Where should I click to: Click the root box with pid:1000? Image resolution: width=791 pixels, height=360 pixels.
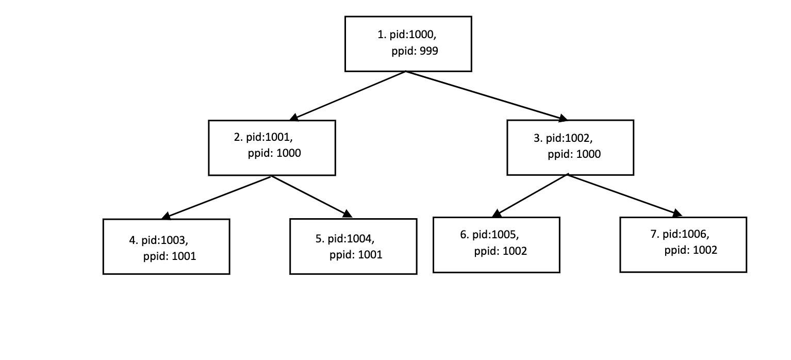408,43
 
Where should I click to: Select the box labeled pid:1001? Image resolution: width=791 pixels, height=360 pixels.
272,148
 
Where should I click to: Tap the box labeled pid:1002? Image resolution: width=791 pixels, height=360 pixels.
570,148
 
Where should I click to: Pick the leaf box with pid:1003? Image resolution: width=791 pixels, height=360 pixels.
166,247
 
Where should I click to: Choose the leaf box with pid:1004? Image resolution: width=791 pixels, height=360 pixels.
353,247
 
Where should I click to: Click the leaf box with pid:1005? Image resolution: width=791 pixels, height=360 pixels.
496,244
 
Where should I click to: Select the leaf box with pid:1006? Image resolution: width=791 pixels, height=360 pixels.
683,244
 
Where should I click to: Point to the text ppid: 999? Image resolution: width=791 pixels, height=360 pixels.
415,52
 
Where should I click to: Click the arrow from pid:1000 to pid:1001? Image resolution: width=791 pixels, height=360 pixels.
348,95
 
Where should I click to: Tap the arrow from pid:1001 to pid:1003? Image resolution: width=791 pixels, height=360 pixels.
217,197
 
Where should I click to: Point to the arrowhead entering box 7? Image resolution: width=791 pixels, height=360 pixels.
677,213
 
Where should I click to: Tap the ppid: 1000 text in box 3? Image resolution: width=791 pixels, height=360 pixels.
574,154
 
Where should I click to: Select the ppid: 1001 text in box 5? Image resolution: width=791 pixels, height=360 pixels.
356,255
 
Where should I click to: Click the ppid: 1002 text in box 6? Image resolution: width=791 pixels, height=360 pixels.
500,252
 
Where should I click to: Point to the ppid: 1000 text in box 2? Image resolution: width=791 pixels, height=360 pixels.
274,153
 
